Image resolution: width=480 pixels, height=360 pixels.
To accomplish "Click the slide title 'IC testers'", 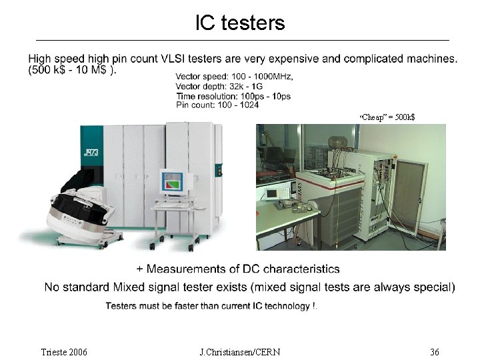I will click(240, 23).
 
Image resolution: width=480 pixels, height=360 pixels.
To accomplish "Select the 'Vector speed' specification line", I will click(234, 77).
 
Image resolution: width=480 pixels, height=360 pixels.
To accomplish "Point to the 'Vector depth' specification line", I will click(219, 87).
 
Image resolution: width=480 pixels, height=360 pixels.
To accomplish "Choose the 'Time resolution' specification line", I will click(233, 96).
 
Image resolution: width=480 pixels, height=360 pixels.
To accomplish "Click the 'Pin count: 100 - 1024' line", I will click(217, 105).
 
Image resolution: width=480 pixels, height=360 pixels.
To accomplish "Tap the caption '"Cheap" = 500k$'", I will click(387, 117).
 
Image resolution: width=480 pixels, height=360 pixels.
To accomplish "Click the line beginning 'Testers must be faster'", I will click(211, 306).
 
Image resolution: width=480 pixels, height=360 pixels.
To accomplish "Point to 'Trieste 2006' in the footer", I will click(64, 351).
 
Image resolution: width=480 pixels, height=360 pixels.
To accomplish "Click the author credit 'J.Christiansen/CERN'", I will click(239, 351).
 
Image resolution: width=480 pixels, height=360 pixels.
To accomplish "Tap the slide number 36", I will click(435, 351).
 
